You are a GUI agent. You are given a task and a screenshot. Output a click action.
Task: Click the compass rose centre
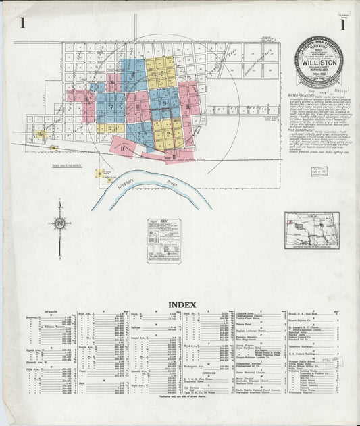click(60, 223)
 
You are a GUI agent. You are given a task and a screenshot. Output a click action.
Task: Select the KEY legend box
click(164, 236)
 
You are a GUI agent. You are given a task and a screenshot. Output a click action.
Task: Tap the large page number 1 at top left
click(23, 25)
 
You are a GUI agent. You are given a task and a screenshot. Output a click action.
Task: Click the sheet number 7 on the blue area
click(109, 106)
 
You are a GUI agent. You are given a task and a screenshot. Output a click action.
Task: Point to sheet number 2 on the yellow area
click(167, 134)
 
